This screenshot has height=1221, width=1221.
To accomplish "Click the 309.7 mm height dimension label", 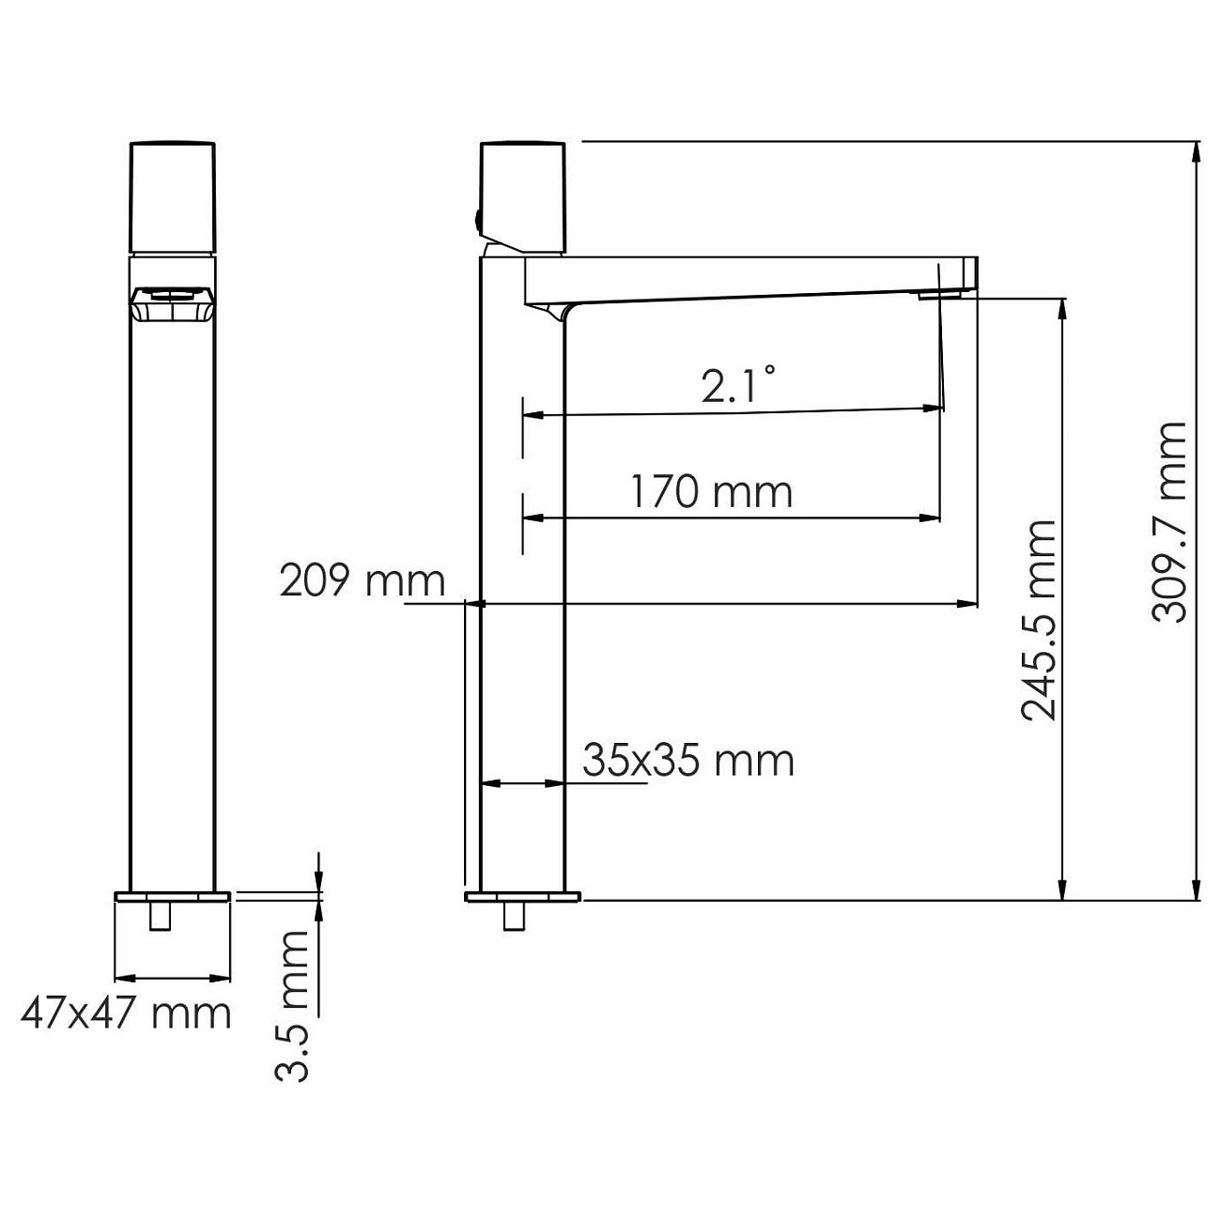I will pos(1169,521).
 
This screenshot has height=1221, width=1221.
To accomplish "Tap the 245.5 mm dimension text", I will pos(1039,620).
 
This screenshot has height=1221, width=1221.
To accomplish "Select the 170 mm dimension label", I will pos(711,491).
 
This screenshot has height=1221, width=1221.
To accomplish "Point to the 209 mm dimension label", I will pos(362,581).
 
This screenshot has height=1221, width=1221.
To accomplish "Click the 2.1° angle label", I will pos(738,385).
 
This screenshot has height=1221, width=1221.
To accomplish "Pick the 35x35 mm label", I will pos(688,759).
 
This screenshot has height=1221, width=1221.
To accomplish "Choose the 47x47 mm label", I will pos(126,1013).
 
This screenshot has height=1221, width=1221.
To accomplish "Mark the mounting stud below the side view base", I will pos(514,916).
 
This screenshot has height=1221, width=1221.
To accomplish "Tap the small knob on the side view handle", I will pos(477,223).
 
